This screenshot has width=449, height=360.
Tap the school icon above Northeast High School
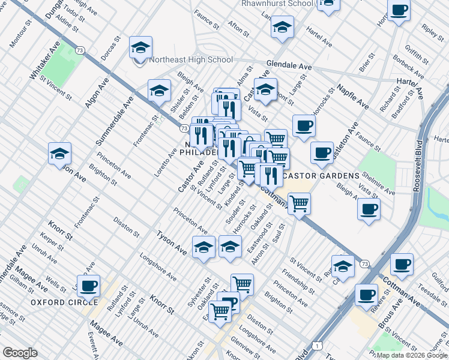pos(140,48)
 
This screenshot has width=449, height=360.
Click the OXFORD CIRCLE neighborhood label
pos(64,302)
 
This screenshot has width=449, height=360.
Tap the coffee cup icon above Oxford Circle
pos(88,286)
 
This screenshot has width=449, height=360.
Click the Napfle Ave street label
pos(353,95)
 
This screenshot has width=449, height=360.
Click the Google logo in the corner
pos(20,353)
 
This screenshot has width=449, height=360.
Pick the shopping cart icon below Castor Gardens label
pos(299,203)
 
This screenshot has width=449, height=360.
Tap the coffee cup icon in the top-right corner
pos(399,11)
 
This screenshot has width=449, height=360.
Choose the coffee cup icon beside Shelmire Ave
pos(368,209)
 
